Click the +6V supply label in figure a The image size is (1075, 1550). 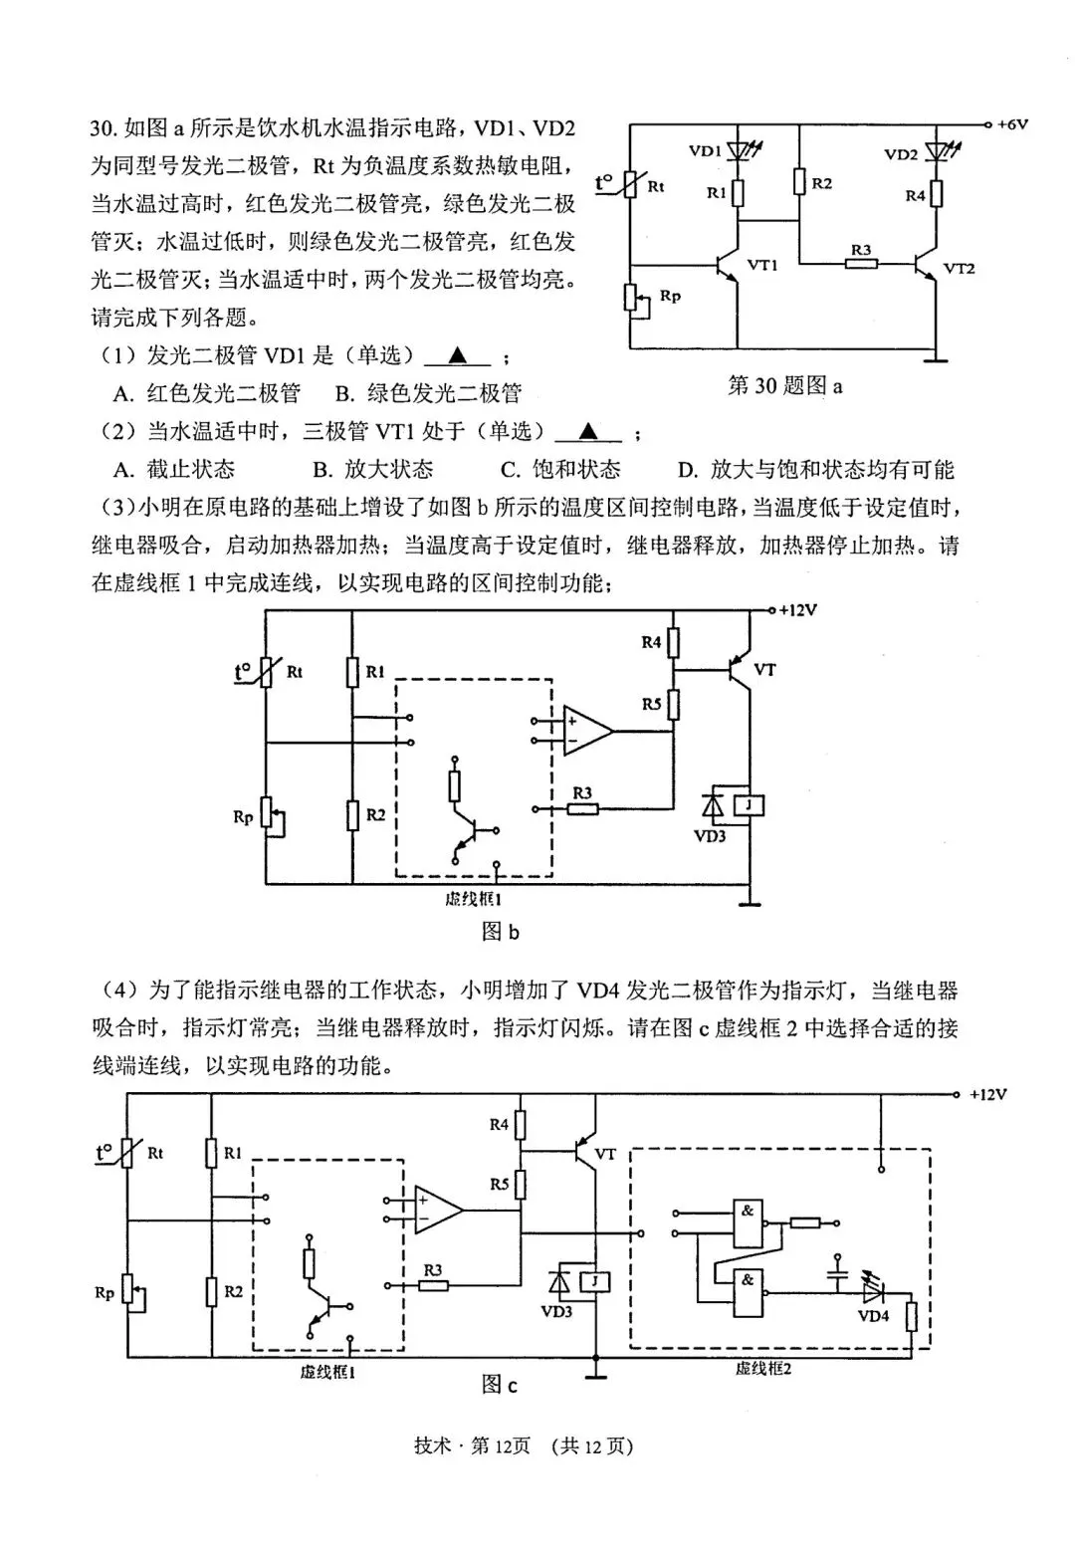[x=1011, y=124]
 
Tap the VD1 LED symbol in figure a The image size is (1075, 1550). [x=739, y=151]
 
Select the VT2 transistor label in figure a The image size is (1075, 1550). [x=959, y=268]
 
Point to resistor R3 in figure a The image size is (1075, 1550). [x=861, y=264]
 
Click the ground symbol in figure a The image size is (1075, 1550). [x=935, y=356]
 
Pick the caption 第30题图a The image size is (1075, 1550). [x=784, y=386]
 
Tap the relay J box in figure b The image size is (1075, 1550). [x=748, y=803]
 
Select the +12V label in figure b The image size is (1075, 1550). [x=797, y=610]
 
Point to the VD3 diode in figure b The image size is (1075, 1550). [x=713, y=803]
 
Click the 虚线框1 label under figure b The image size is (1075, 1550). [x=474, y=899]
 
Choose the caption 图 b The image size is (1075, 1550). [x=500, y=932]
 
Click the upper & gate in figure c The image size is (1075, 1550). [x=748, y=1223]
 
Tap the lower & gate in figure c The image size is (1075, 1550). [x=748, y=1292]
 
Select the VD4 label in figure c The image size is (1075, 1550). [x=873, y=1315]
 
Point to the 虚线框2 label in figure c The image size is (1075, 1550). [x=763, y=1369]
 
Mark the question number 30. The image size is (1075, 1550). [x=104, y=128]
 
